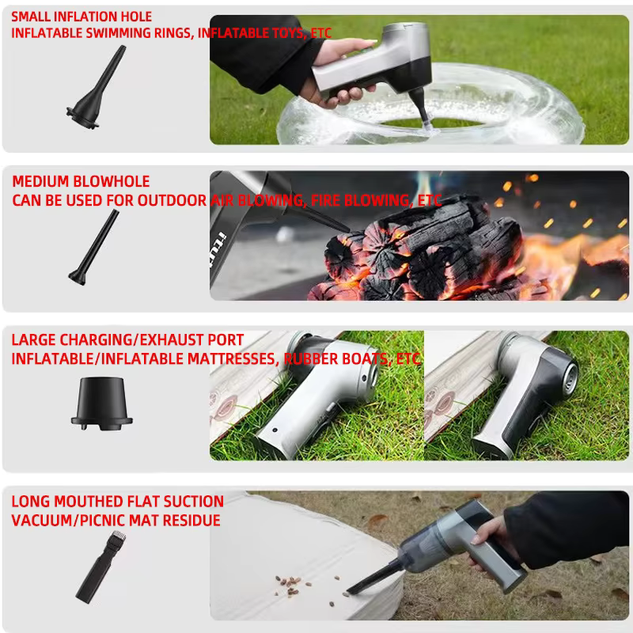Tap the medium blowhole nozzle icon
93,247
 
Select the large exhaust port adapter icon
102,404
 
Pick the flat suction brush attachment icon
101,567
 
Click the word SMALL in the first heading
31,17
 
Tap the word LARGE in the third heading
33,340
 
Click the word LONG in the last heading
31,502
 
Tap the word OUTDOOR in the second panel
172,200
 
